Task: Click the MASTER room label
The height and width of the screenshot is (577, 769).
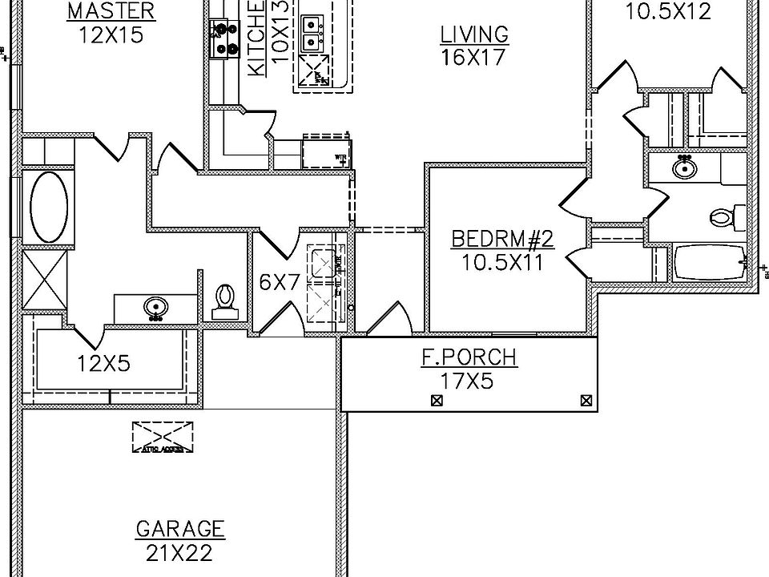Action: pos(111,11)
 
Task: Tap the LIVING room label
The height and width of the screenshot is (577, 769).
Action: pos(474,34)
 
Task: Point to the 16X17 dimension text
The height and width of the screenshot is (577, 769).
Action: pos(474,57)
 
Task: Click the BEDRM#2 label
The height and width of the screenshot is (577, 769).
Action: pos(503,239)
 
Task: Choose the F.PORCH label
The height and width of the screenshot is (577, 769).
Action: pos(469,357)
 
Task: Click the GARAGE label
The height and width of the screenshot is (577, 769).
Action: pos(180,530)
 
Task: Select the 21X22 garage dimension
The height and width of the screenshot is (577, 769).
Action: pos(180,553)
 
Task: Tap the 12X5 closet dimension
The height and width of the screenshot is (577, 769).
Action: pos(103,363)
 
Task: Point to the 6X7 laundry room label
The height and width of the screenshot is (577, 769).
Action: pos(278,282)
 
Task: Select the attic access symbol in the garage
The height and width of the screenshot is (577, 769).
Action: pos(163,436)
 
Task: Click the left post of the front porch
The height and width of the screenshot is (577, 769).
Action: pos(437,401)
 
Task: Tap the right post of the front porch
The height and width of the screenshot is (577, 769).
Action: pos(586,401)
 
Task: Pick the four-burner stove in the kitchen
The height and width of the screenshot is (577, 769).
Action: pos(225,38)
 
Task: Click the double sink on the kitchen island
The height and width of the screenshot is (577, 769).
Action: pos(313,31)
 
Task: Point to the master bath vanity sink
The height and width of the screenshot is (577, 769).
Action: pos(155,307)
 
